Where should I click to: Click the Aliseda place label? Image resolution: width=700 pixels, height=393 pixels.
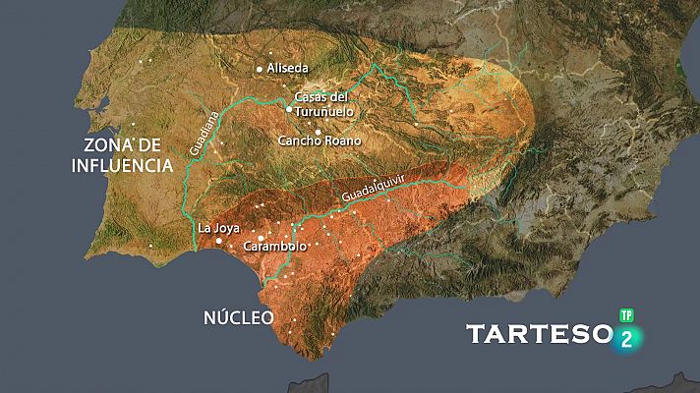click(x=289, y=68)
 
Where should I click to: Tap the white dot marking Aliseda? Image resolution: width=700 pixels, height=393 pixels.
click(x=260, y=69)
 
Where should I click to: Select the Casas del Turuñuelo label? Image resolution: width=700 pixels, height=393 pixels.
click(x=323, y=104)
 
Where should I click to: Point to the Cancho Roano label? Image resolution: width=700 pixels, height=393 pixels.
click(x=320, y=140)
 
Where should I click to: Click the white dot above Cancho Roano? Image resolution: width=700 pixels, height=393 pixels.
click(x=318, y=131)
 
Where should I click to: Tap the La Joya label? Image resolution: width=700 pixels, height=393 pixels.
click(x=219, y=228)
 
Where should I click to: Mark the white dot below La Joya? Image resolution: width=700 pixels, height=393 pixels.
click(x=218, y=240)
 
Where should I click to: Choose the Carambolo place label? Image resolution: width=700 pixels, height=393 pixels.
click(x=274, y=247)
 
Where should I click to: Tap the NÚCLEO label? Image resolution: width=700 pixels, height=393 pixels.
click(x=238, y=317)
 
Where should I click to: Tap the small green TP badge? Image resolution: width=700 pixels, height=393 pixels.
click(x=625, y=316)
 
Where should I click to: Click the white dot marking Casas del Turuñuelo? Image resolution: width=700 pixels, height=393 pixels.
click(x=288, y=109)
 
